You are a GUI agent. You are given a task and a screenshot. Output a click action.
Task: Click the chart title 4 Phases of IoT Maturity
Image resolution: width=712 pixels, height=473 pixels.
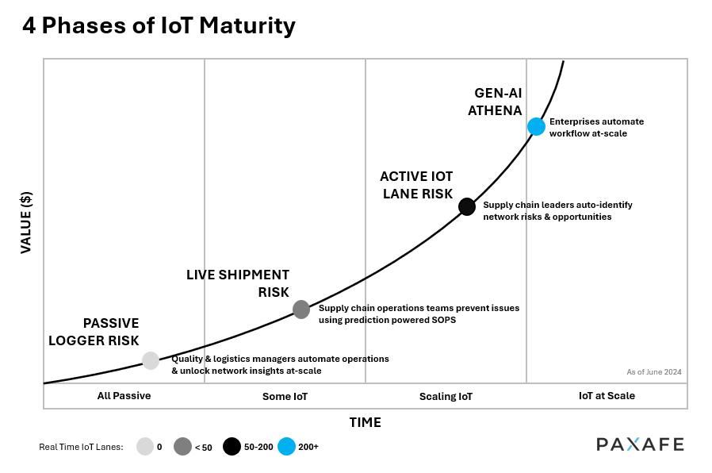point(159,25)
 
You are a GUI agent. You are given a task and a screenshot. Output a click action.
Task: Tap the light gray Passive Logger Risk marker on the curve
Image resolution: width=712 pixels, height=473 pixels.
point(151,360)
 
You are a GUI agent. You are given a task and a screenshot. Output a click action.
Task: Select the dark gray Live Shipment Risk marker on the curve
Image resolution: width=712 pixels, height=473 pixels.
point(301,310)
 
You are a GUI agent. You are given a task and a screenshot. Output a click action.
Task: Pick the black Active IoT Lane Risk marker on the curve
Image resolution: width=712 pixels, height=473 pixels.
point(467,206)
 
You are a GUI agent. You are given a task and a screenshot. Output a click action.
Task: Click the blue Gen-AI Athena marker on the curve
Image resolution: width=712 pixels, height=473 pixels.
point(536,126)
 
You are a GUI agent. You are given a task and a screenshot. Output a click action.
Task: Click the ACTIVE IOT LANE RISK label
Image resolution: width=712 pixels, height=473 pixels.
point(415,185)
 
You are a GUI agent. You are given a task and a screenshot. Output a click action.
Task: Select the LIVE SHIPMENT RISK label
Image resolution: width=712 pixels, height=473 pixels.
point(238,283)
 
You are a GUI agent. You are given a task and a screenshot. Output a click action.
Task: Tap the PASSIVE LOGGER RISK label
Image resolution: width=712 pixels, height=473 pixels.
point(94,333)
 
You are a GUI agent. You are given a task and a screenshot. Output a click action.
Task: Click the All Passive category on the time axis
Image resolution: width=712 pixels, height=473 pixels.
point(124,395)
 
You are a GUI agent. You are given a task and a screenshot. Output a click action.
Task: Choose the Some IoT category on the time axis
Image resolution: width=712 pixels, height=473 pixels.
point(285,396)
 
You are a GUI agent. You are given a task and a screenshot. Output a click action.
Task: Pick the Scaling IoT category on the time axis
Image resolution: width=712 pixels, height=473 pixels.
point(446,396)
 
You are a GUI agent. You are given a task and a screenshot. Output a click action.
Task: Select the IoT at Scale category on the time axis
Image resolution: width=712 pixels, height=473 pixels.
point(607,395)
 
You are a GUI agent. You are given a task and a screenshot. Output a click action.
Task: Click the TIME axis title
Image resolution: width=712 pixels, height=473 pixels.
point(365,422)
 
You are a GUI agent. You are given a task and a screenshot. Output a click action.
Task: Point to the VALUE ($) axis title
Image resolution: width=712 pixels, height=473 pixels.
point(25,221)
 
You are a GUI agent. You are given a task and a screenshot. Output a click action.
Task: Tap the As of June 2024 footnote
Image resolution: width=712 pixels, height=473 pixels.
point(653,371)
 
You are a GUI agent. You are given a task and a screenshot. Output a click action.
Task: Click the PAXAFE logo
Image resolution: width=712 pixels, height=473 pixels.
point(639,444)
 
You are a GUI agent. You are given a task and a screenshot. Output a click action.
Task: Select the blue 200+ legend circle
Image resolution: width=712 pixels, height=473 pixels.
point(287,447)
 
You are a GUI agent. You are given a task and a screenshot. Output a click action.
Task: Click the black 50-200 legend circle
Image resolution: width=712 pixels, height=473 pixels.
point(232,447)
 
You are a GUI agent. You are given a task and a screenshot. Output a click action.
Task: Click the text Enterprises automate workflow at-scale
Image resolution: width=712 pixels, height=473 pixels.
point(596,127)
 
